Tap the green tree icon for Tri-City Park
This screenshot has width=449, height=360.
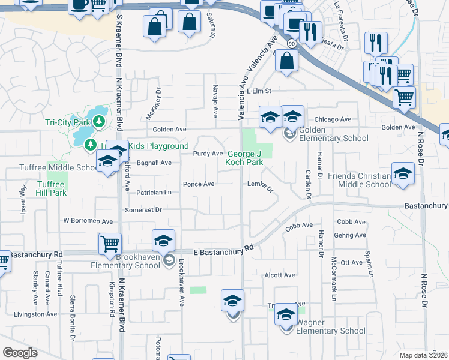(99, 122)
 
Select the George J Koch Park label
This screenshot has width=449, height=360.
(244, 158)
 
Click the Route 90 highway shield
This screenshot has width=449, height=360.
(291, 44)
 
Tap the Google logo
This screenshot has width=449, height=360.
(20, 352)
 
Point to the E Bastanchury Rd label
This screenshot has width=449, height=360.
(223, 250)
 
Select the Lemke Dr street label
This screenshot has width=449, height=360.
(261, 187)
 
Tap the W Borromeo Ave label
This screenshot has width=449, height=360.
(88, 221)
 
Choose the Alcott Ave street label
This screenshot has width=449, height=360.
(280, 275)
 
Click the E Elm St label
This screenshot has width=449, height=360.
(259, 91)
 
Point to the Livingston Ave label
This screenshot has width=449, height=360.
(36, 314)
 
